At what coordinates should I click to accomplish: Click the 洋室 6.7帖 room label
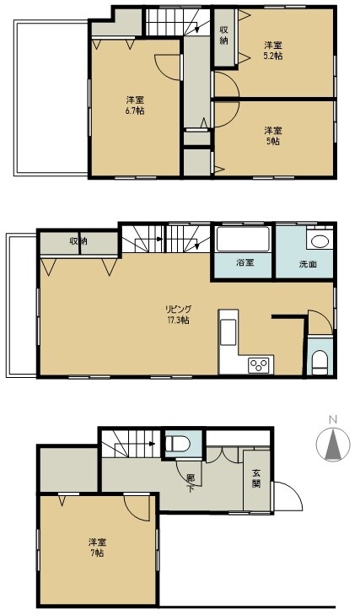tap(135, 105)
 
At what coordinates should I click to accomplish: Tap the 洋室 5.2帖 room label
tap(272, 51)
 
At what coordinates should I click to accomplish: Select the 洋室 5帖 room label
tap(272, 136)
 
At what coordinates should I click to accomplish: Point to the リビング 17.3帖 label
tap(178, 314)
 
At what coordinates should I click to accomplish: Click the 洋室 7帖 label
tap(96, 548)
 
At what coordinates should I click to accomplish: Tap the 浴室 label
tap(245, 262)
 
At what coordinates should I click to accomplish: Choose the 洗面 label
tap(308, 264)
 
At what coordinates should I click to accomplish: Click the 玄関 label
tap(256, 477)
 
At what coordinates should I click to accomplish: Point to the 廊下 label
tap(191, 483)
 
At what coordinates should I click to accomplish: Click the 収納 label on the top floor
tap(223, 35)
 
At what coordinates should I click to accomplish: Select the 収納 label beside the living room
tap(78, 240)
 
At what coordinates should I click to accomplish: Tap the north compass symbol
tap(333, 444)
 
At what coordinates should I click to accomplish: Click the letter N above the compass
tap(333, 419)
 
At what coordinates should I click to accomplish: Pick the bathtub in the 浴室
tap(243, 240)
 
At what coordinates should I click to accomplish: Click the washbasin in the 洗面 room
tap(320, 241)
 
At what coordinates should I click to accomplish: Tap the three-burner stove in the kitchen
tap(260, 365)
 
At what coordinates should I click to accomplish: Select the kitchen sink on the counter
tap(228, 332)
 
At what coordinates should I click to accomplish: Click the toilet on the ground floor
tap(178, 444)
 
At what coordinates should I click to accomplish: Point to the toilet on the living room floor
tap(320, 363)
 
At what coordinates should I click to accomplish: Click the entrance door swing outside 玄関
tap(288, 496)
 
